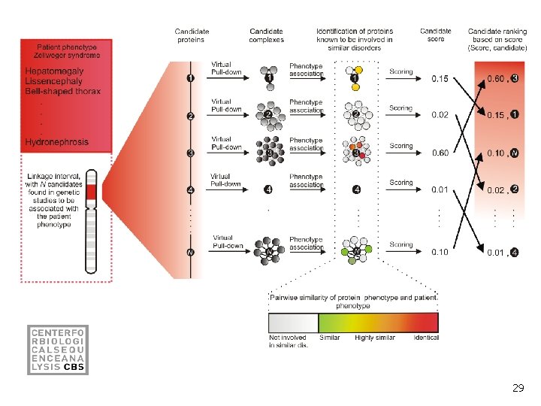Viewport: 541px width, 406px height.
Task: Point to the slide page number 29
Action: coord(518,388)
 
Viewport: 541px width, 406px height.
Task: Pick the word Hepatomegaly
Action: coord(54,71)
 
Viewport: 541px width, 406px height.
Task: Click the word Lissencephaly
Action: coord(56,81)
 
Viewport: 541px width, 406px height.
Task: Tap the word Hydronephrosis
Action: coord(56,141)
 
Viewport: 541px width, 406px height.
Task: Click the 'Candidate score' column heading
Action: coord(436,35)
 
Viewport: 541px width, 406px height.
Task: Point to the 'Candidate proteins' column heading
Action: coord(192,35)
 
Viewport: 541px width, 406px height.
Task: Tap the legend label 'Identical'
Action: coord(426,338)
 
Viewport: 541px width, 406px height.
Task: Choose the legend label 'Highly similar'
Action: coord(374,338)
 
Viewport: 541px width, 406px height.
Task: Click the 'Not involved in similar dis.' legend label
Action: coord(288,341)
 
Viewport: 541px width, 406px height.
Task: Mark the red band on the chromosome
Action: coord(92,194)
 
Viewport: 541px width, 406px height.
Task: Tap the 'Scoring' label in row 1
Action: coord(401,72)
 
